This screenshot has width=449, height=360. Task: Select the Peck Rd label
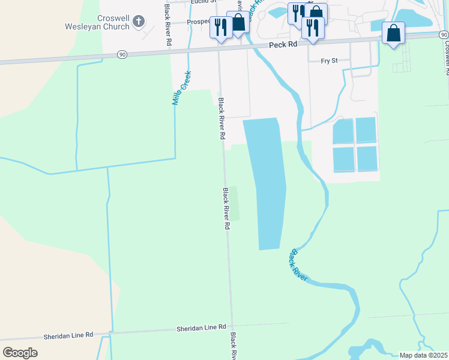click(283, 45)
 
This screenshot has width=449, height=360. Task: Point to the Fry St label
click(330, 61)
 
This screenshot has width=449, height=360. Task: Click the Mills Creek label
click(181, 88)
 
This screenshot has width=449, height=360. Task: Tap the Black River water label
click(298, 265)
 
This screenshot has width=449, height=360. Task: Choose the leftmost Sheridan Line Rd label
click(68, 335)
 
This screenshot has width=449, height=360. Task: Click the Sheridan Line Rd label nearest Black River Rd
click(200, 328)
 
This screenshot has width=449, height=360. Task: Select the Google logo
click(20, 352)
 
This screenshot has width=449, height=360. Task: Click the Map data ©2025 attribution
click(423, 355)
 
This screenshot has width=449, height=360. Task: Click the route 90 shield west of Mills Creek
click(122, 55)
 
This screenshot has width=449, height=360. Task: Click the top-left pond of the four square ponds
click(343, 131)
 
